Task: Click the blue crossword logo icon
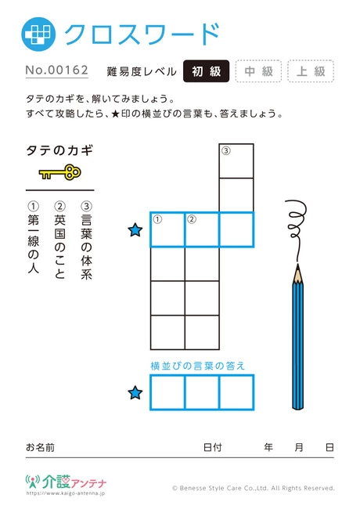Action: click(x=38, y=34)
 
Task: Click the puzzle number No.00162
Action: click(x=57, y=70)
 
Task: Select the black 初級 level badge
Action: click(x=207, y=71)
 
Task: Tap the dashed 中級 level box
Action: click(x=258, y=71)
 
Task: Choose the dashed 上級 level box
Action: click(x=311, y=71)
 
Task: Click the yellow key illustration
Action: click(x=60, y=172)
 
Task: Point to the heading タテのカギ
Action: click(x=59, y=150)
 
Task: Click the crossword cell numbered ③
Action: click(x=236, y=161)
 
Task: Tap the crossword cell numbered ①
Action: click(x=167, y=229)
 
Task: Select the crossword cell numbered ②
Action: click(x=202, y=229)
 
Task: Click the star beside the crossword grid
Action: click(x=135, y=230)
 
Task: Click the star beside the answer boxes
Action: click(x=135, y=393)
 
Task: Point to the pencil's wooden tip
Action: click(x=297, y=273)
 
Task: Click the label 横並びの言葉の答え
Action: click(x=198, y=366)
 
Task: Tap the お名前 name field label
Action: click(x=40, y=447)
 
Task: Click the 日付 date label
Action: click(x=213, y=447)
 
